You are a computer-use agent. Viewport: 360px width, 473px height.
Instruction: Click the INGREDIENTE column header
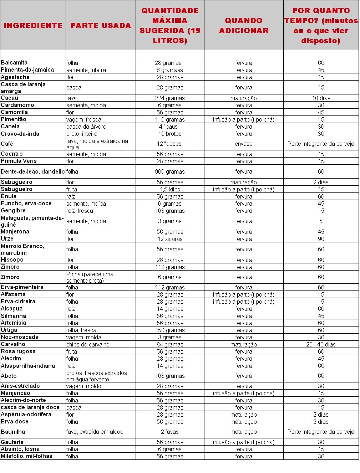[x=33, y=26]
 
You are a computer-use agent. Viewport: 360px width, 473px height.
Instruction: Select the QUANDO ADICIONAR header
[x=244, y=26]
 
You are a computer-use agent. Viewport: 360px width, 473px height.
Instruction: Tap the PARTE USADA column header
[x=101, y=26]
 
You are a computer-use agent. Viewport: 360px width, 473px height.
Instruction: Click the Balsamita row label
[x=14, y=63]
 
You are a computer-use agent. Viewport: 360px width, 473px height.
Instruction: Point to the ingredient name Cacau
[x=10, y=98]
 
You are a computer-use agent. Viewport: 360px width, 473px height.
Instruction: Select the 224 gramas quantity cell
[x=170, y=98]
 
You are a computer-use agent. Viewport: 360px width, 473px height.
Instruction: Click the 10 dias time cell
[x=321, y=98]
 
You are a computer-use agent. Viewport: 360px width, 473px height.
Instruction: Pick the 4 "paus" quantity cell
[x=170, y=127]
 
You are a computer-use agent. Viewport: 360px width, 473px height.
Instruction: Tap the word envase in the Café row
[x=244, y=144]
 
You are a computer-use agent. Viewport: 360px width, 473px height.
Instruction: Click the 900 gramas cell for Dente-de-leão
[x=170, y=171]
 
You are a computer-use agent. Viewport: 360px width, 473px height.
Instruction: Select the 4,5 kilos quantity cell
[x=170, y=189]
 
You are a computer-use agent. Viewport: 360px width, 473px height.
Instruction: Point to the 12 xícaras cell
[x=170, y=239]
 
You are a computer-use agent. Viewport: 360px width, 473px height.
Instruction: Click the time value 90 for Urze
[x=321, y=239]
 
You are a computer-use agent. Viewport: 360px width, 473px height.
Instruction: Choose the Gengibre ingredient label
[x=13, y=211]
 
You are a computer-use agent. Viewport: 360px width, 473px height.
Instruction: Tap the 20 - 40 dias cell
[x=321, y=344]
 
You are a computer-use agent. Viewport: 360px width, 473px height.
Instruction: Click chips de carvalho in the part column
[x=88, y=344]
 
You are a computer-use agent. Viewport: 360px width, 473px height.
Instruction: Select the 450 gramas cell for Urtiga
[x=170, y=330]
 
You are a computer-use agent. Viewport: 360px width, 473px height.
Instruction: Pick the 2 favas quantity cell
[x=170, y=432]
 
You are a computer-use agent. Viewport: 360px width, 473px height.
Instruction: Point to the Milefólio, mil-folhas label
[x=27, y=456]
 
